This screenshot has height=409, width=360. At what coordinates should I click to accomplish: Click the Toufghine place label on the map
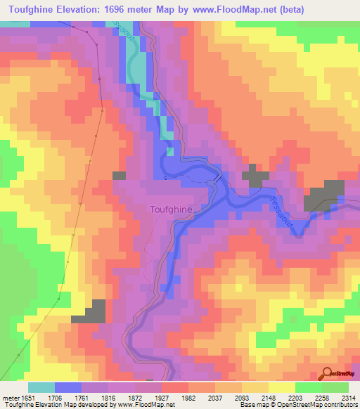coord(174,209)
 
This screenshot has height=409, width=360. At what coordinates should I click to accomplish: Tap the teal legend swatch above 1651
coord(41,387)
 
